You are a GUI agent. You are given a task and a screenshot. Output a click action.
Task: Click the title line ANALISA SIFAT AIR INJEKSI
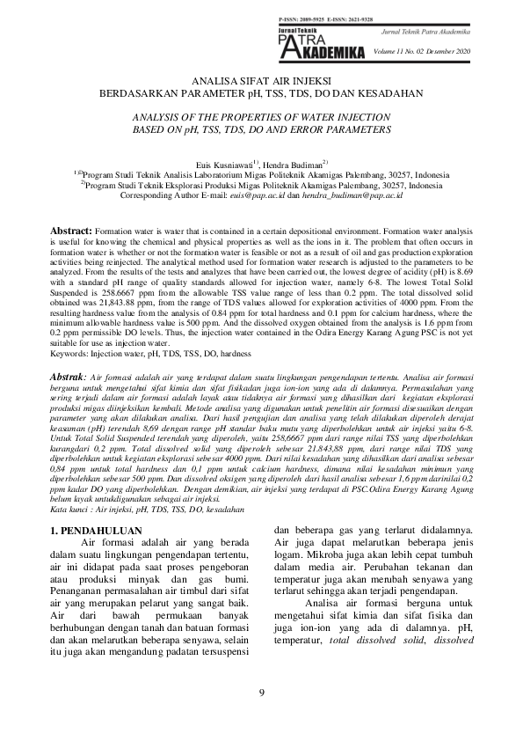pos(261,80)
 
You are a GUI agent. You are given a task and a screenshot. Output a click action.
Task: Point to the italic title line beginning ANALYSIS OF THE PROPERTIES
pos(261,116)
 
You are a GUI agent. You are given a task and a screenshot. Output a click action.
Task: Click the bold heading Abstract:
pos(70,228)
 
